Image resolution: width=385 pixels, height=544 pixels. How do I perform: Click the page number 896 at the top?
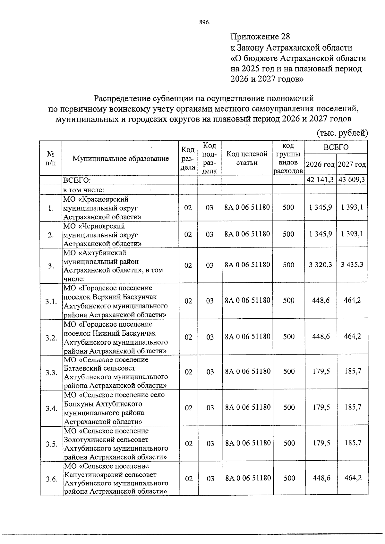coord(204,22)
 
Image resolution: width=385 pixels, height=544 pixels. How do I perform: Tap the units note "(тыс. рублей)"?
coord(342,133)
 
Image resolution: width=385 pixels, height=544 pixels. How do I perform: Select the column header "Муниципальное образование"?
coord(121,158)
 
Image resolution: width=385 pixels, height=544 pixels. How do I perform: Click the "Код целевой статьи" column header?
coord(247,158)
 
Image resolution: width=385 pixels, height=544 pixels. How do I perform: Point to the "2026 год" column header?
coord(320,164)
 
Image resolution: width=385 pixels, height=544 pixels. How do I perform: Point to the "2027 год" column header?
coord(352,164)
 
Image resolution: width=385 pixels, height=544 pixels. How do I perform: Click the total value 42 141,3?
coord(320,180)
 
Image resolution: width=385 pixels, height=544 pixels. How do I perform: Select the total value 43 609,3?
coord(352,180)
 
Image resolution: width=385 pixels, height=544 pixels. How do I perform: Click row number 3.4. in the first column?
coord(51,408)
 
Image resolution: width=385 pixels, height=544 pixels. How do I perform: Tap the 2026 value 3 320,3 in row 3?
coord(320,265)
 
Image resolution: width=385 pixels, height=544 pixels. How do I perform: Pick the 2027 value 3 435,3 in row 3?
coord(352,265)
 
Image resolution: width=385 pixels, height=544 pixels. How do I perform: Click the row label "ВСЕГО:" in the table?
coord(77,180)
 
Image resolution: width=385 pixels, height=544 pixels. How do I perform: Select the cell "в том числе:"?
coord(84,190)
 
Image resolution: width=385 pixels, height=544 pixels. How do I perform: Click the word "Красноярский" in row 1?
coord(106,199)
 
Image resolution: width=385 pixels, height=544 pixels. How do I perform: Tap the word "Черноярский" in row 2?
coord(104,226)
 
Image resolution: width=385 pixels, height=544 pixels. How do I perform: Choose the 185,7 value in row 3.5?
coord(353,443)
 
